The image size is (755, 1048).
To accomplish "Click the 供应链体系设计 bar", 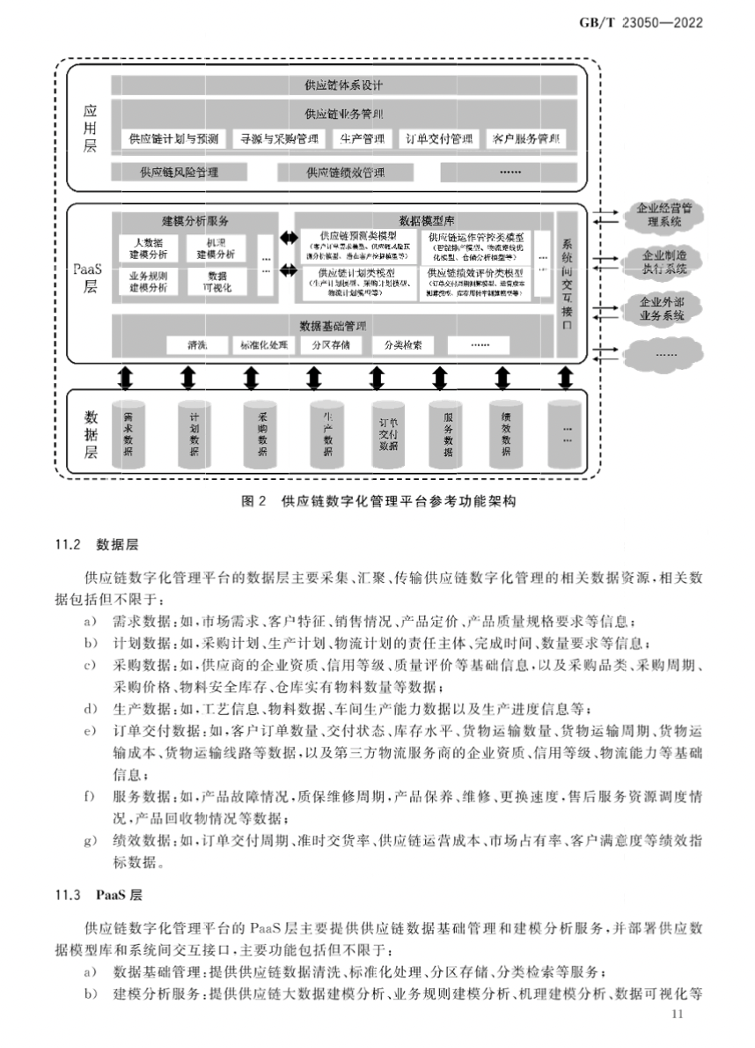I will [x=344, y=85].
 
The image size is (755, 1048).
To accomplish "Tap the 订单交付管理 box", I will [x=440, y=139].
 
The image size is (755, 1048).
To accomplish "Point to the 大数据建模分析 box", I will [x=143, y=247].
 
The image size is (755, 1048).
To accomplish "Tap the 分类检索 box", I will [x=402, y=344].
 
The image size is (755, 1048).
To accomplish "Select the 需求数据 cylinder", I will [x=128, y=433].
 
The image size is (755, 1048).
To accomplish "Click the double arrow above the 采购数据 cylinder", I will [x=252, y=377].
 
